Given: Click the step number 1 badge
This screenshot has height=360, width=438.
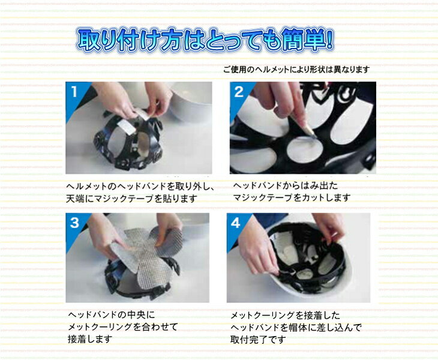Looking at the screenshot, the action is coord(74,92).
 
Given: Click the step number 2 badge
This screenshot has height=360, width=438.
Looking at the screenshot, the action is coord(239,92).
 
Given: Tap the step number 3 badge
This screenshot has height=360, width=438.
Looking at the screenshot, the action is coord(74,223).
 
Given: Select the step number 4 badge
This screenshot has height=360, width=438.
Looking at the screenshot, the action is coord(235,223).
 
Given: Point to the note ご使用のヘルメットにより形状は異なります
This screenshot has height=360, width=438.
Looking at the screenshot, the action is coord(296,70).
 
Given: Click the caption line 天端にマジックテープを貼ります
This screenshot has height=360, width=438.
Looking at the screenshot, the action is coord(131,199).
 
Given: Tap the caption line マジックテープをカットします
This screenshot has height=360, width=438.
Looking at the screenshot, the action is coord(292,198).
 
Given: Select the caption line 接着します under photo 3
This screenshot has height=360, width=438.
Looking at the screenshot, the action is coord(90,339).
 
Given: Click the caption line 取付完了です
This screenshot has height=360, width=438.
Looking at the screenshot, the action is coord(258,340).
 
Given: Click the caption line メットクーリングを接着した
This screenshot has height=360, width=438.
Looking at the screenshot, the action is coord(285,316).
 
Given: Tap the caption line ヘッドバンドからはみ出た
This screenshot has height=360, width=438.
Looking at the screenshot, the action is coord(286,185).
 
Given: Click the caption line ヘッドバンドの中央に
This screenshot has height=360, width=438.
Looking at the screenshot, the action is coord(111,315).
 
